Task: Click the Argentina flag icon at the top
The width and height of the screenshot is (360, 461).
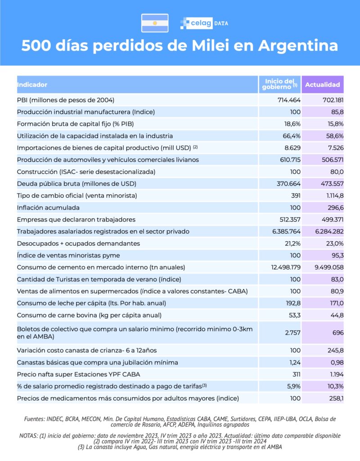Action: coord(155,23)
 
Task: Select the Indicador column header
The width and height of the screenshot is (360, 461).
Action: coord(32,85)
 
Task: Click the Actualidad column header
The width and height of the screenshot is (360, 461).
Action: coord(323,85)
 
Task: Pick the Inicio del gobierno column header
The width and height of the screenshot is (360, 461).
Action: coord(279,84)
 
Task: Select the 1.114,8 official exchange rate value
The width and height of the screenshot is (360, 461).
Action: coord(330,195)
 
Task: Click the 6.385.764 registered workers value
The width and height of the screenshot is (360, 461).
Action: coord(279,231)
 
